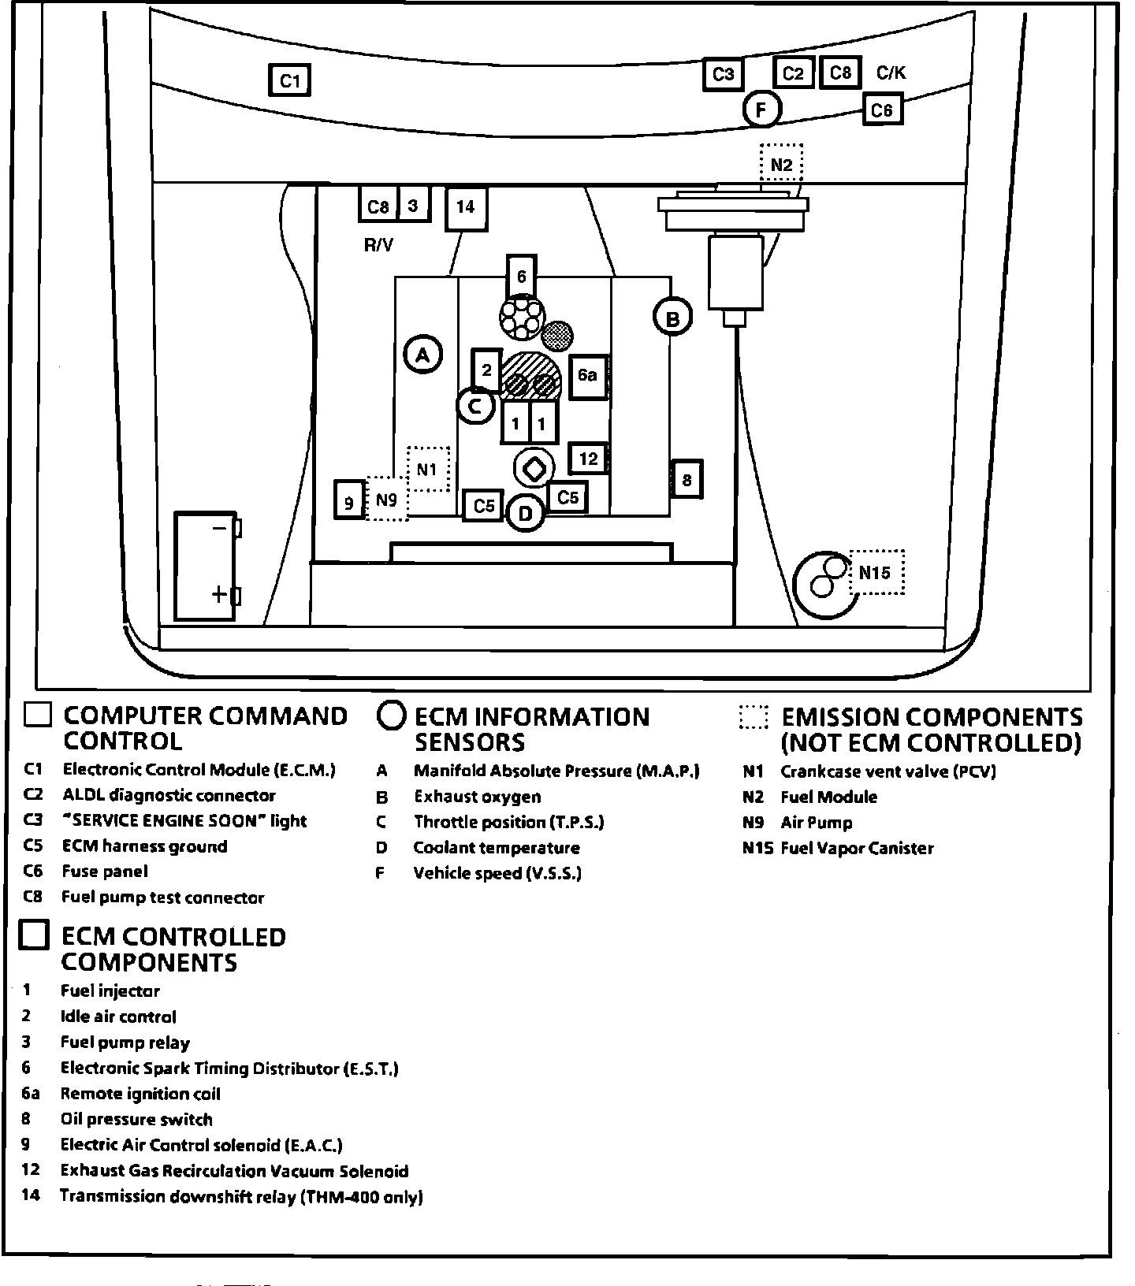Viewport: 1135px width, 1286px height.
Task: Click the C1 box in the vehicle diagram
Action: [290, 80]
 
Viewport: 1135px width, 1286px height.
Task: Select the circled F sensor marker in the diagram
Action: [761, 110]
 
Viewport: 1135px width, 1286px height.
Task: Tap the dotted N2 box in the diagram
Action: [781, 165]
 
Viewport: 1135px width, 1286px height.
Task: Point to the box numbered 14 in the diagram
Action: [466, 207]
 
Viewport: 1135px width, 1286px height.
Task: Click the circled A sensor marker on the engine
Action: [423, 355]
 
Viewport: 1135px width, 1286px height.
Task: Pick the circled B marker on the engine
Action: [672, 318]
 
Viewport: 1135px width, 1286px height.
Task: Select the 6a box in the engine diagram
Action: [587, 376]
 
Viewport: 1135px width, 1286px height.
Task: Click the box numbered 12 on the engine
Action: [588, 459]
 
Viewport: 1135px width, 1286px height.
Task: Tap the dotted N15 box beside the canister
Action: [876, 572]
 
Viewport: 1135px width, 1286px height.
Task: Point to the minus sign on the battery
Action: [220, 527]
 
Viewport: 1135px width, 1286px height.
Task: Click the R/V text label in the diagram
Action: [378, 245]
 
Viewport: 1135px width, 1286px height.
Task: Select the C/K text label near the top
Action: [891, 73]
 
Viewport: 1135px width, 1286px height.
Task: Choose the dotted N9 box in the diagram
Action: [386, 500]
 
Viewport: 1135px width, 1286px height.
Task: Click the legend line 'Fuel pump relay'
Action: [125, 1043]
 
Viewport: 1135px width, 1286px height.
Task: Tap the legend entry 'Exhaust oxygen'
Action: [478, 797]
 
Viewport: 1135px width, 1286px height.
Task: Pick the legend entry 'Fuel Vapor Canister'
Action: [857, 849]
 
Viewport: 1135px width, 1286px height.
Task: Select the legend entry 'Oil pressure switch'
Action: [136, 1120]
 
